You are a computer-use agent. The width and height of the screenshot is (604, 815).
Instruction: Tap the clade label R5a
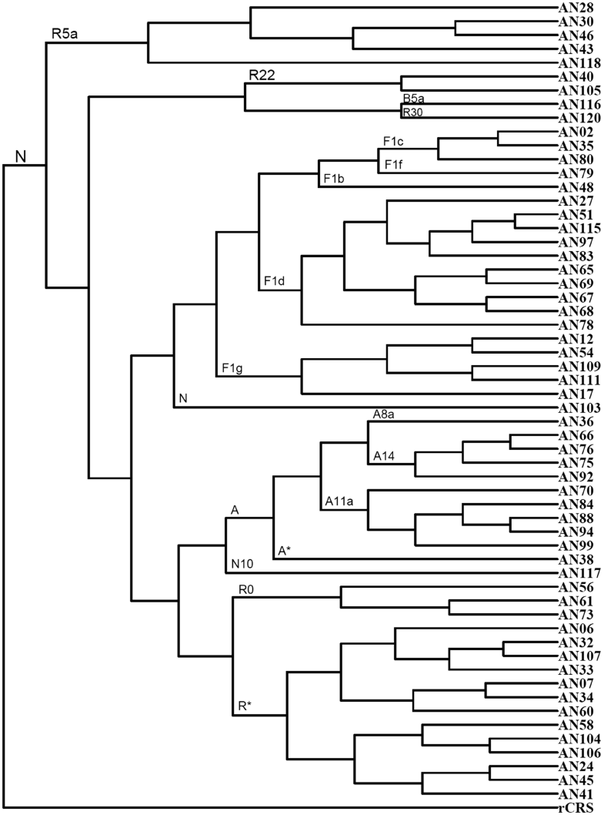65,34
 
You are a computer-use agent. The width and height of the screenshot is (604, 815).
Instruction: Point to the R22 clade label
261,75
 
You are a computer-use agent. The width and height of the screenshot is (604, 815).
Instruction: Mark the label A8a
384,414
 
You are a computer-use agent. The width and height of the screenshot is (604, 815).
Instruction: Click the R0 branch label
247,589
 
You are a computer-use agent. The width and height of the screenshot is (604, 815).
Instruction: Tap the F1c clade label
393,142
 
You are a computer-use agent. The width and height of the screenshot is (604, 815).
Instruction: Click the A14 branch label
384,458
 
